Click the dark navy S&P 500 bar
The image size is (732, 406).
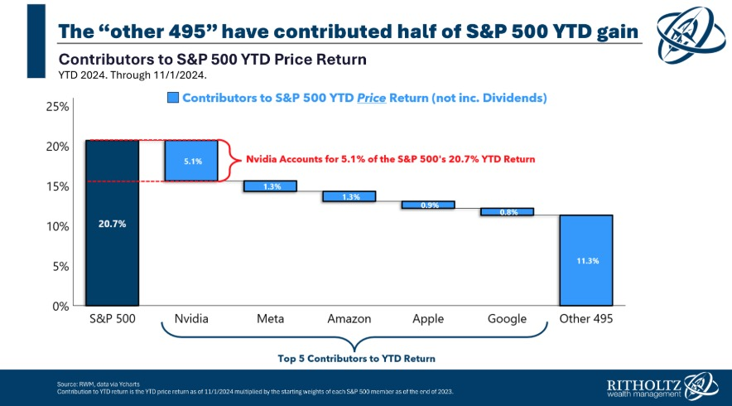coord(112,222)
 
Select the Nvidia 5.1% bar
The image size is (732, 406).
coord(191,161)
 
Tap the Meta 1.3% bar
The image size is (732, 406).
coord(270,186)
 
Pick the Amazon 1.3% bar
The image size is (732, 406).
coord(349,196)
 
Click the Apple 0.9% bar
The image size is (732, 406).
coord(428,205)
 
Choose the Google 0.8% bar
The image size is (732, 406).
coord(507,211)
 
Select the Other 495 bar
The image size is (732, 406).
coord(585,260)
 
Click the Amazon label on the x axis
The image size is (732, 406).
coord(349,318)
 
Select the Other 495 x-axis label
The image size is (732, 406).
coord(585,318)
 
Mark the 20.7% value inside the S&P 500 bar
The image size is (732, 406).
coord(112,225)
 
